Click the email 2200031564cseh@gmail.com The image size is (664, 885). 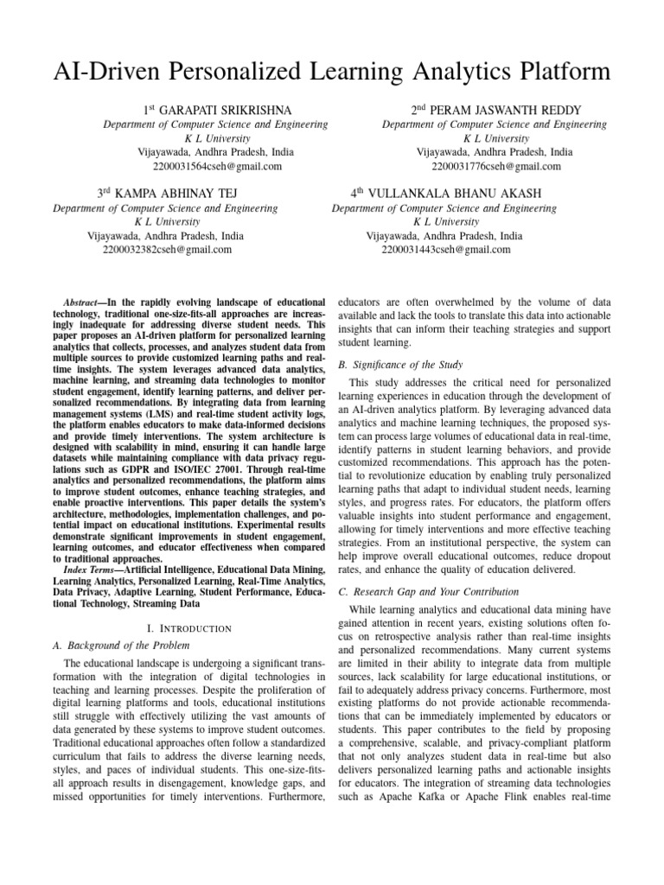click(x=216, y=166)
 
